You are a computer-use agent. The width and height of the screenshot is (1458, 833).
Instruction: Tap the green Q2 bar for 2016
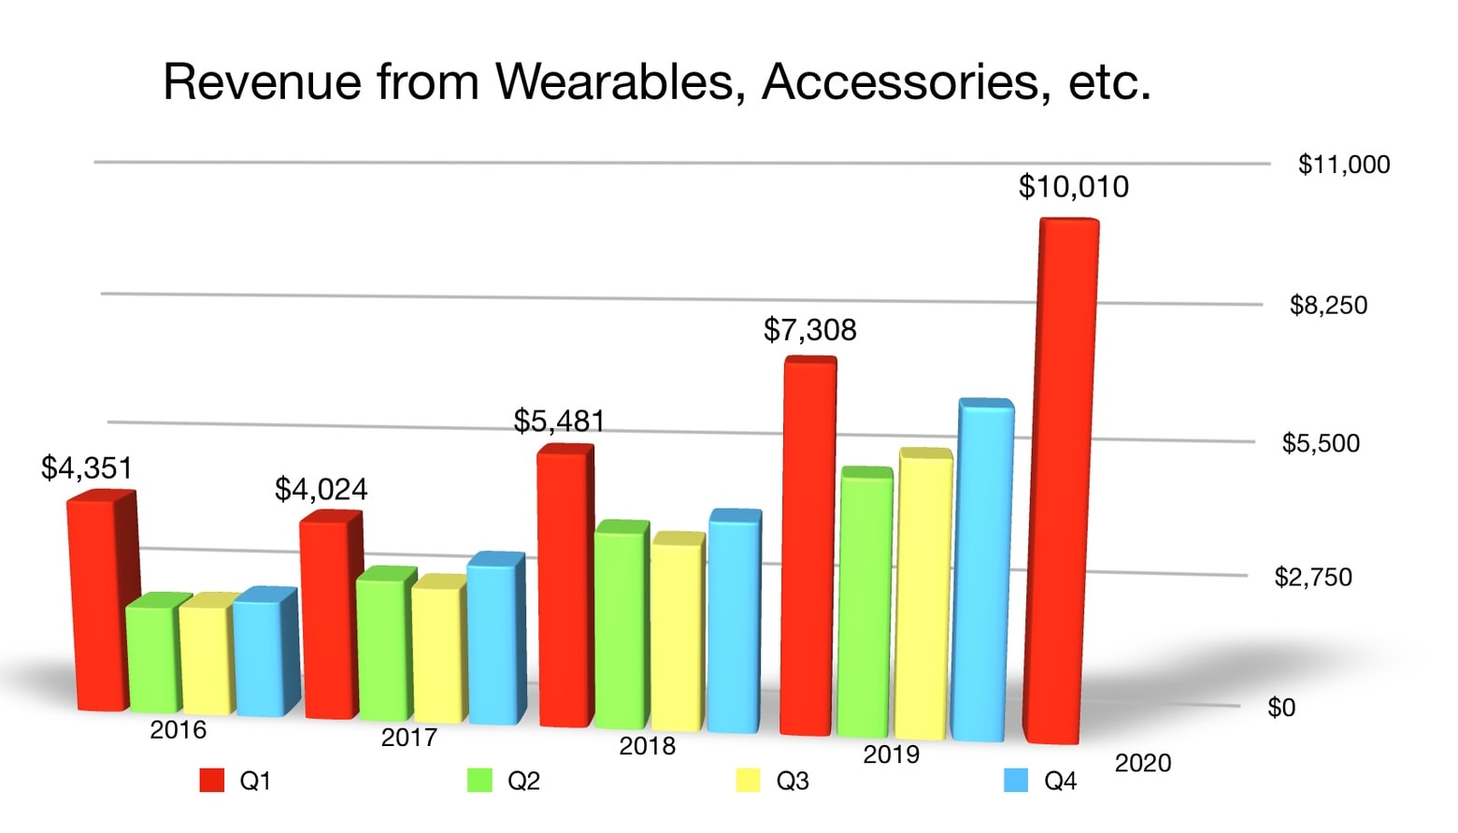pyautogui.click(x=152, y=654)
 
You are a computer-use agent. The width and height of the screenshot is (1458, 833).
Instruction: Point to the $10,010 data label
pyautogui.click(x=1073, y=187)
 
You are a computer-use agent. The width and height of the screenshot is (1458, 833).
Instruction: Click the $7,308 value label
pyautogui.click(x=809, y=330)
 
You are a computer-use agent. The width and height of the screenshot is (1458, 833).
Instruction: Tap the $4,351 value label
pyautogui.click(x=86, y=467)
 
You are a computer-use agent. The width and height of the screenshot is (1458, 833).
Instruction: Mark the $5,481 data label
pyautogui.click(x=559, y=422)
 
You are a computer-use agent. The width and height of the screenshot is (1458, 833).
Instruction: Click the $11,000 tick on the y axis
pyautogui.click(x=1343, y=165)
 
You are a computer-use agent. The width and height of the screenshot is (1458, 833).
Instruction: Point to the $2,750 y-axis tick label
pyautogui.click(x=1312, y=578)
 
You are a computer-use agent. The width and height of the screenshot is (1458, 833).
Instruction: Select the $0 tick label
pyautogui.click(x=1280, y=708)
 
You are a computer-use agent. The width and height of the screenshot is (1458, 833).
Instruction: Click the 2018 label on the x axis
pyautogui.click(x=647, y=746)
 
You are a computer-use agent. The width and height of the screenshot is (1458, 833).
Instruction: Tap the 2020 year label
pyautogui.click(x=1142, y=764)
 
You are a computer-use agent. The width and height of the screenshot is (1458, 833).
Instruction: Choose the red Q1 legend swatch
pyautogui.click(x=212, y=781)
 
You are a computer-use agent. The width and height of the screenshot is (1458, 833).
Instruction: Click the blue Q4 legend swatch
pyautogui.click(x=1015, y=781)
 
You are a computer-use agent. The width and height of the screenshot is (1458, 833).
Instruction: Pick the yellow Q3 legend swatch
pyautogui.click(x=748, y=781)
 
